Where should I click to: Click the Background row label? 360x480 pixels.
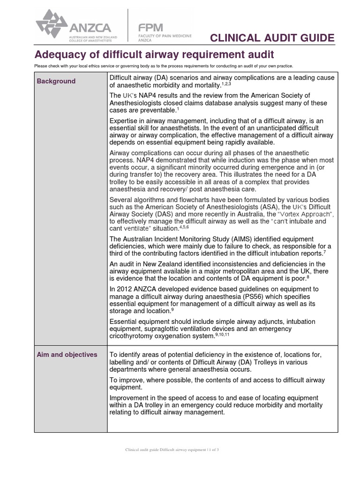[56, 81]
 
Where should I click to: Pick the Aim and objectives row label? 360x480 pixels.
[67, 354]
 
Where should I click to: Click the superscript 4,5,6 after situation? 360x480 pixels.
[184, 226]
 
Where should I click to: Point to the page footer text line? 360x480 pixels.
[172, 450]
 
